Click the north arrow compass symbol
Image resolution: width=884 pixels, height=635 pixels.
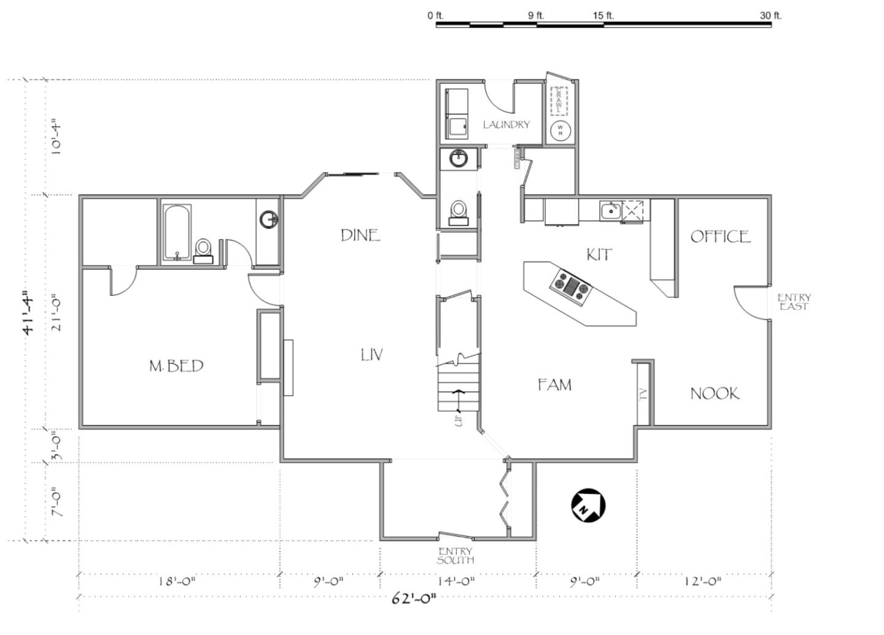coord(588,506)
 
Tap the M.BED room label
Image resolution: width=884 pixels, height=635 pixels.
coord(176,366)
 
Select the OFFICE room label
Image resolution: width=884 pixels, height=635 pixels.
coord(720,237)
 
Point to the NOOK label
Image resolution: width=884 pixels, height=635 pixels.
coord(715,394)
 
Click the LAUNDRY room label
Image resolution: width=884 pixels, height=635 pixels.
coord(506,125)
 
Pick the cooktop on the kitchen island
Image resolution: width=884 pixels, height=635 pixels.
coord(572,285)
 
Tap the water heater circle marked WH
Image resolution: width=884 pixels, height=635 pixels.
coord(560,130)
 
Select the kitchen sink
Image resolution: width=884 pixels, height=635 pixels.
coord(610,211)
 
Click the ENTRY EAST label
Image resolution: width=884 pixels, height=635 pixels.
coord(794,302)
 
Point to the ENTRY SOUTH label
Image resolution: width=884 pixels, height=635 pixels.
coord(455,556)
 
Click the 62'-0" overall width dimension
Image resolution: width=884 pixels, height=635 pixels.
coord(414,599)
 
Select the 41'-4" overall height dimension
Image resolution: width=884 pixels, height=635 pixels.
coord(29,313)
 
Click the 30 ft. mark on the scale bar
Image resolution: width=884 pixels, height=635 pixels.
coord(770,16)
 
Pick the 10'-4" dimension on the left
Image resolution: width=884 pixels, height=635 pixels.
coord(56,139)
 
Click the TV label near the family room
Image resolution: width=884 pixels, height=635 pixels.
coord(643,394)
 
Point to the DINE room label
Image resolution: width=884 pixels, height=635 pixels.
coord(360,235)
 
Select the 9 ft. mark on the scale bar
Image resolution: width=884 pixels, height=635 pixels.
coord(536,16)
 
